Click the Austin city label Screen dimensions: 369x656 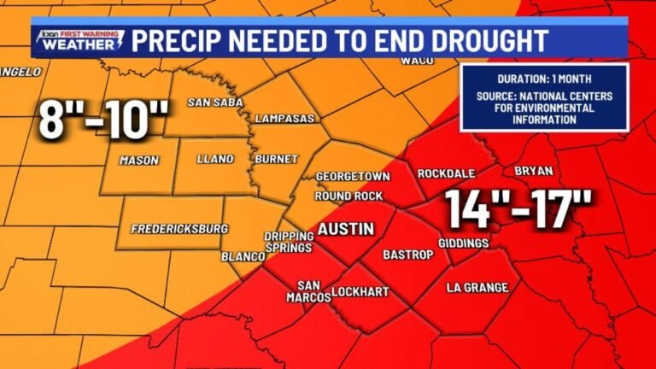click(x=346, y=229)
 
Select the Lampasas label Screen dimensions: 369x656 click(x=284, y=118)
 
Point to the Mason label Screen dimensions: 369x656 click(x=139, y=160)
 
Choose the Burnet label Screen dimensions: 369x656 click(x=276, y=159)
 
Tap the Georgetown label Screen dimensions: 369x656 click(x=353, y=176)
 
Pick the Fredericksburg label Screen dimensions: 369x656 click(x=179, y=229)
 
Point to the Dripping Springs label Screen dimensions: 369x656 click(x=286, y=243)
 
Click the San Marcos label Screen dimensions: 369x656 click(x=313, y=291)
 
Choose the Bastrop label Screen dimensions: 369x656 click(x=404, y=255)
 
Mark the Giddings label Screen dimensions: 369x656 click(x=463, y=243)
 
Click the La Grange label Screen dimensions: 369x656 click(x=477, y=288)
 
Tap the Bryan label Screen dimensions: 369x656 click(x=534, y=171)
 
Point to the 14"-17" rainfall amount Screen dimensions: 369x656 click(x=518, y=210)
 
